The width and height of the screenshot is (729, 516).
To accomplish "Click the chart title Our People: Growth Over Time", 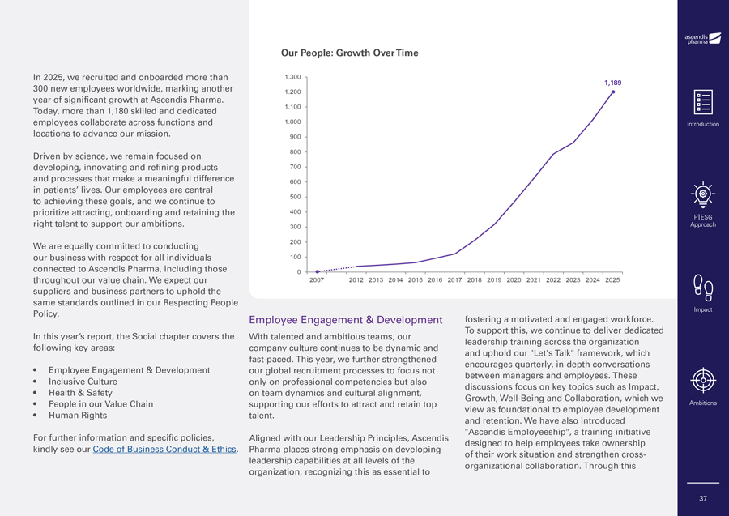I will [349, 53].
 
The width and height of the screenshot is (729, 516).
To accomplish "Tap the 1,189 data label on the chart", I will [612, 83].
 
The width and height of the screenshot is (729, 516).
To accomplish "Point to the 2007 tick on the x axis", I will [317, 280].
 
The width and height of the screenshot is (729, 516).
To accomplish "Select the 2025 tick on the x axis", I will [612, 280].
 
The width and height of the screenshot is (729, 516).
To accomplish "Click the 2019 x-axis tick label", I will [494, 280].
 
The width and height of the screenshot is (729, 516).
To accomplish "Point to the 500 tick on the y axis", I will [295, 197].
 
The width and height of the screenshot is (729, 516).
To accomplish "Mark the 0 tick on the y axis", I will [300, 272].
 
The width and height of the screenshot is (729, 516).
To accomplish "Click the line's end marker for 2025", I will [613, 92].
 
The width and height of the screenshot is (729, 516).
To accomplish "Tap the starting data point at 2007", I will [318, 271].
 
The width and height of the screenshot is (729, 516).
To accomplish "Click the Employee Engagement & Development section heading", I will [346, 320].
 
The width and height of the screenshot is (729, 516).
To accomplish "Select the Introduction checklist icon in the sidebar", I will [702, 103].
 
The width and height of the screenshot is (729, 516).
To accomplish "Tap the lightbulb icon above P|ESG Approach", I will [702, 194].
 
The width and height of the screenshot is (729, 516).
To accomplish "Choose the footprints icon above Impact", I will [702, 287].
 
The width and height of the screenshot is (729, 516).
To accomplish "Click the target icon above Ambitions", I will [702, 380].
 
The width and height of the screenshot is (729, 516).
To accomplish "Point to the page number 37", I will [702, 498].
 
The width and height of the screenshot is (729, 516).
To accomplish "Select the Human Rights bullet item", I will [78, 416].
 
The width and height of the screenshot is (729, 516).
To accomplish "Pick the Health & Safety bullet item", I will [80, 393].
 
